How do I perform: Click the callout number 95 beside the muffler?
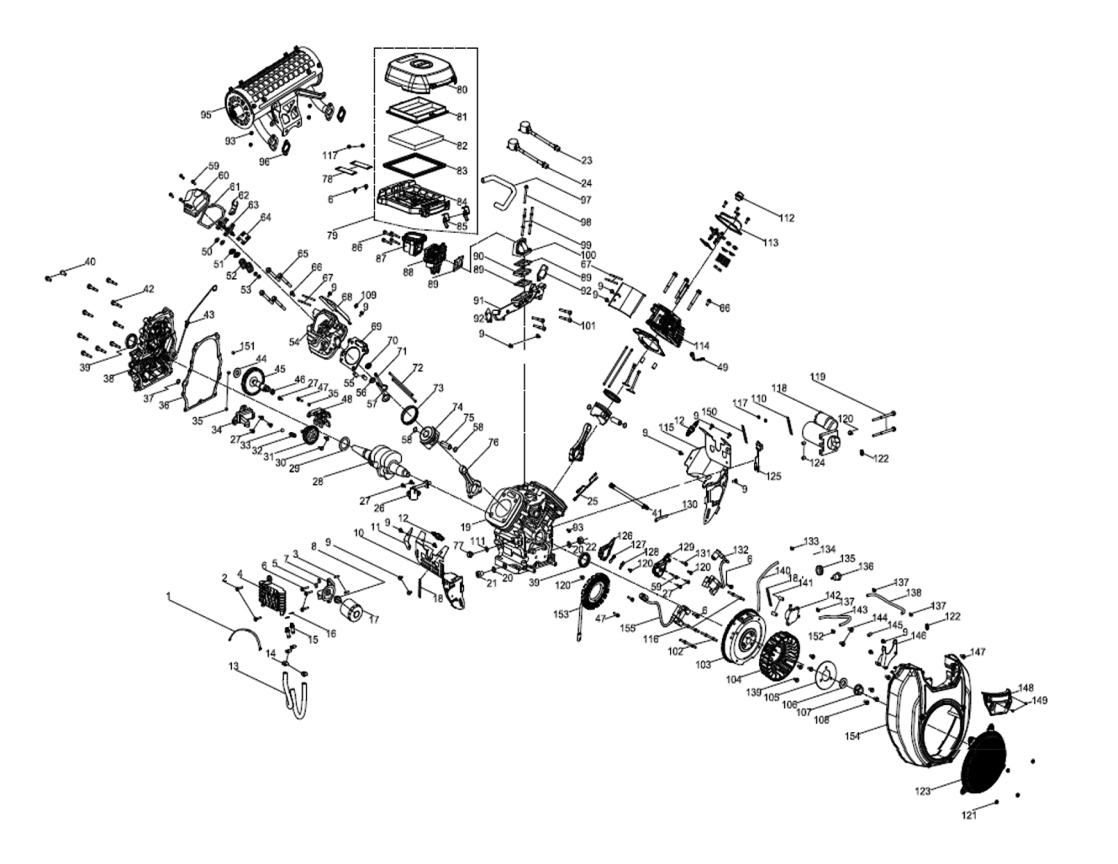click(206, 114)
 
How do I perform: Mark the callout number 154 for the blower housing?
click(876, 736)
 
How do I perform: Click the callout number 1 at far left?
click(168, 596)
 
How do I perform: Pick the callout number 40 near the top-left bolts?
click(91, 261)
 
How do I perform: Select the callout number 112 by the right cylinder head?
click(786, 219)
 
